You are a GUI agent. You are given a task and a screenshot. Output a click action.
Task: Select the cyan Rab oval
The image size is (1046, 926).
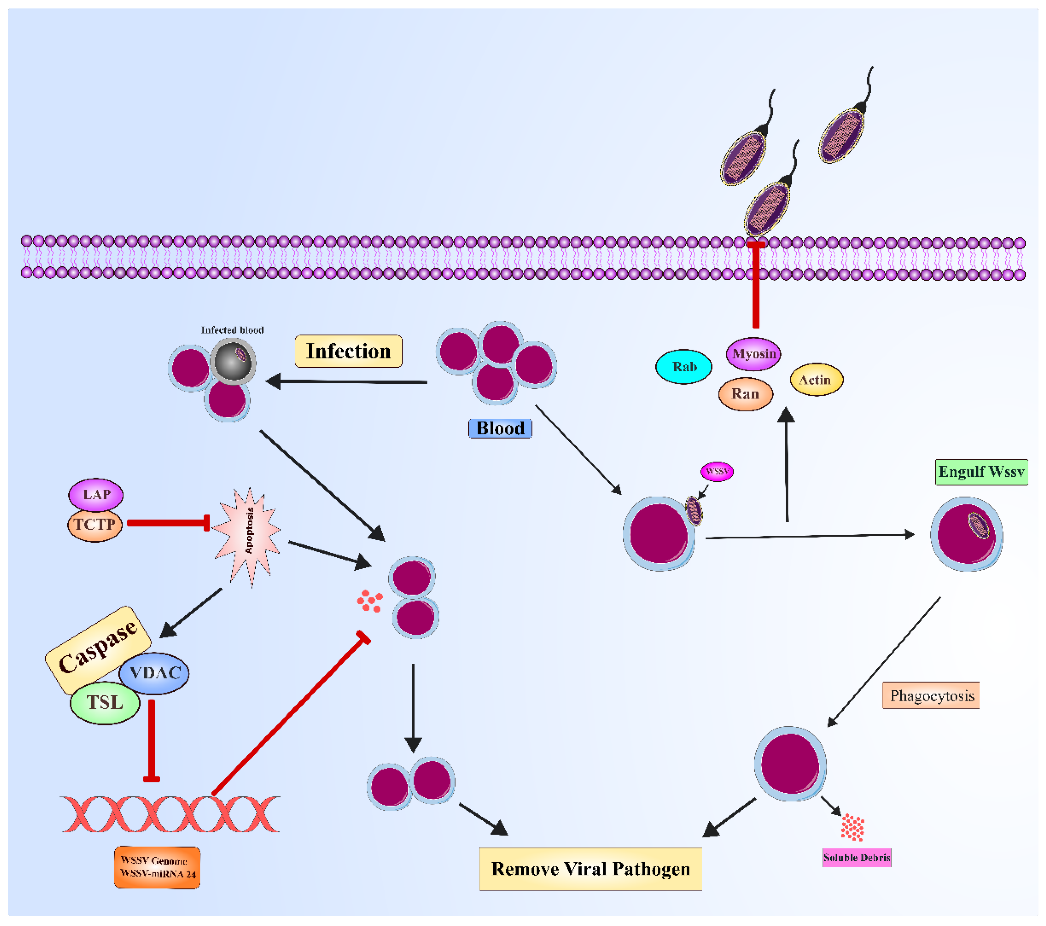tap(684, 367)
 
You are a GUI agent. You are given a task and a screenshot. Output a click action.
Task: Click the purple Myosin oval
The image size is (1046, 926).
tap(753, 354)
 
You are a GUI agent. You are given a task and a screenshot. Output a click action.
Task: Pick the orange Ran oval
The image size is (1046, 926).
tap(745, 394)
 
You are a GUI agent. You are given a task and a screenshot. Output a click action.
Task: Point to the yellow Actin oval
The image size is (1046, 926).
tap(816, 380)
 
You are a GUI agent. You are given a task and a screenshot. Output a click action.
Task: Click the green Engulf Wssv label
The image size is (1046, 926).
tap(981, 472)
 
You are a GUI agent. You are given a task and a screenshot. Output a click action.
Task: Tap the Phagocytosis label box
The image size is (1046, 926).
tap(931, 695)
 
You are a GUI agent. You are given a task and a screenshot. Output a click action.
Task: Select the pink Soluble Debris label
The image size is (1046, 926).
tap(857, 857)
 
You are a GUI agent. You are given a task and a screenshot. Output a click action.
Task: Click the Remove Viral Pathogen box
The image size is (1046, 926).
tap(590, 869)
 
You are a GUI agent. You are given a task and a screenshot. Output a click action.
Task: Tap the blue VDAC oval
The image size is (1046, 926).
tap(155, 673)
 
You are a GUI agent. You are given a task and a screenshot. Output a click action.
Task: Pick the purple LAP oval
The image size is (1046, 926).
tap(96, 494)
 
